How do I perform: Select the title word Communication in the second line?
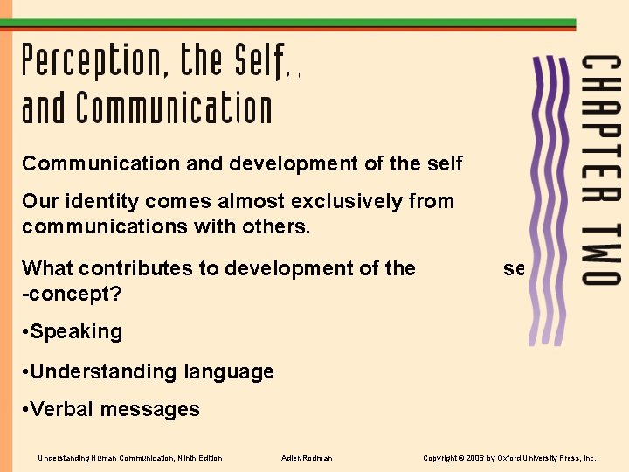click(175, 109)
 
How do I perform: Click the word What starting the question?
click(47, 268)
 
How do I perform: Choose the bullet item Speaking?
click(76, 332)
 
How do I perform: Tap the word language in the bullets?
click(229, 372)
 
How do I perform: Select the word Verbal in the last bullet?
click(59, 409)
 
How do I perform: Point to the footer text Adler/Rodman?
click(307, 458)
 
